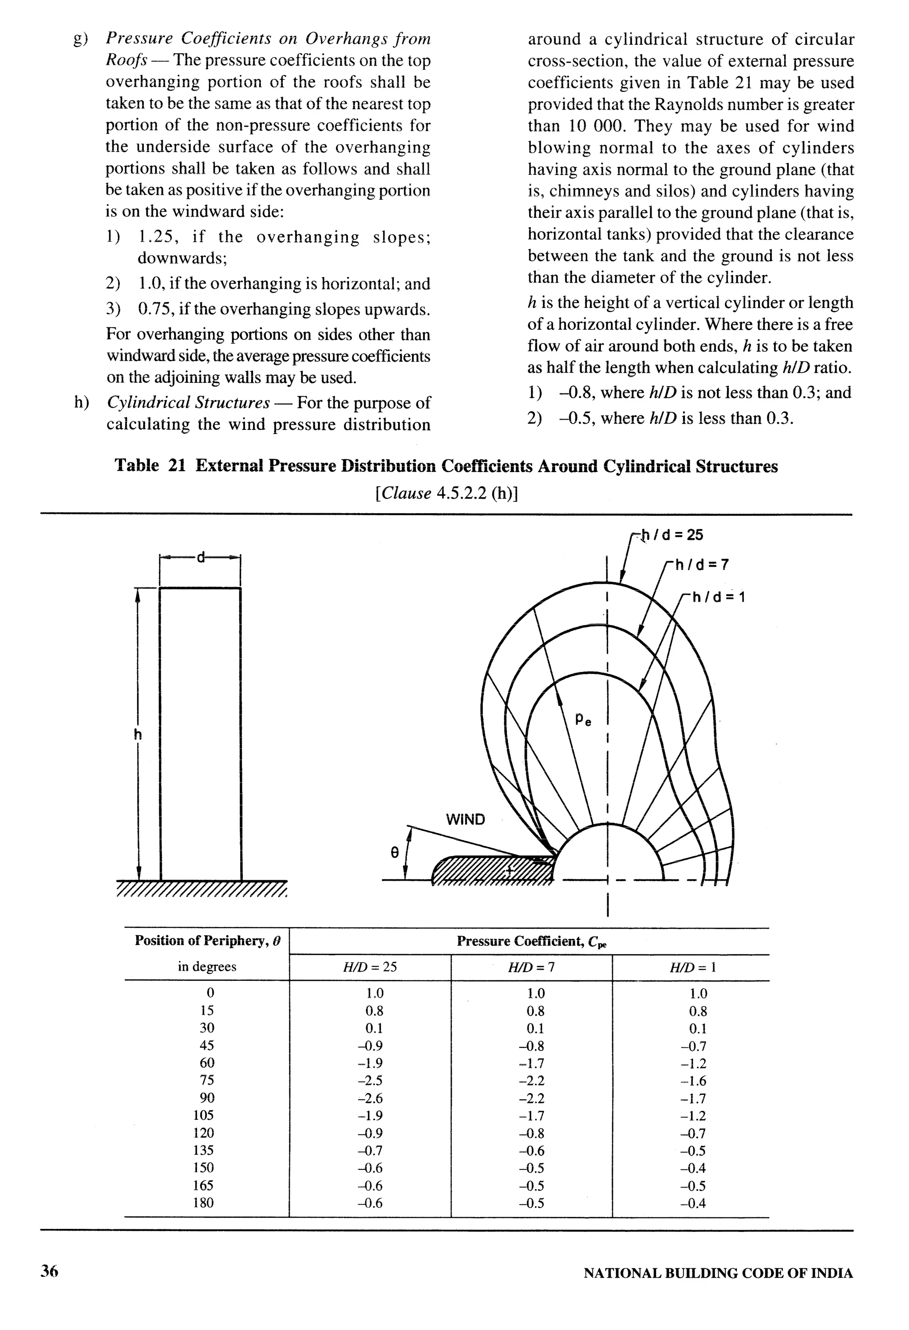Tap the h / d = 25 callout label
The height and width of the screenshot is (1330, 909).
[x=672, y=535]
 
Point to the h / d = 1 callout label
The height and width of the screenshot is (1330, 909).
[x=719, y=598]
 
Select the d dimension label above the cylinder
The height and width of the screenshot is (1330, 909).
[x=200, y=557]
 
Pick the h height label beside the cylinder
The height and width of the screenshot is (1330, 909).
[x=138, y=734]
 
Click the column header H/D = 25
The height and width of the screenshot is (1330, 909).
[x=370, y=967]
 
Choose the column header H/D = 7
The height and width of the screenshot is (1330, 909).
[x=531, y=967]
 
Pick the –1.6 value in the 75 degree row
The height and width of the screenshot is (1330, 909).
[x=693, y=1081]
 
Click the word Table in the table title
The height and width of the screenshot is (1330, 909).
[x=136, y=466]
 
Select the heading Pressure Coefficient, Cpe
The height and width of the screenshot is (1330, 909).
[x=531, y=941]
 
